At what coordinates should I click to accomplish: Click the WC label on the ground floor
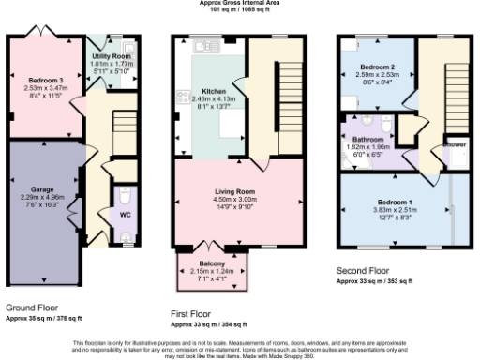coord(125,214)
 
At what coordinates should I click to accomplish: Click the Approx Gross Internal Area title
coord(239,3)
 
